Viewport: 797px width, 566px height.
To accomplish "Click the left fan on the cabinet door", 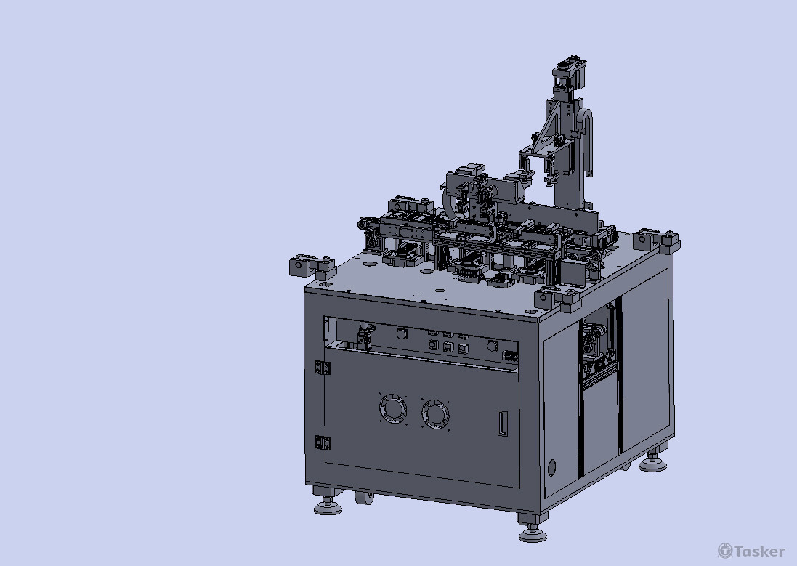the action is (x=393, y=408).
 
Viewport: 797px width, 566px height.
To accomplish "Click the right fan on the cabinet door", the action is (x=436, y=414).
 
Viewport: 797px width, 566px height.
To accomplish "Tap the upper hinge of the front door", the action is (x=322, y=367).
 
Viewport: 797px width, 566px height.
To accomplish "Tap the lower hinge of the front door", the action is (x=323, y=443).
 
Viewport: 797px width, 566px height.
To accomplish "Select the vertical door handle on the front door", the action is (x=502, y=423).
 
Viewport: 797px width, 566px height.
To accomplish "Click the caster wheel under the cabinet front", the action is (x=364, y=498).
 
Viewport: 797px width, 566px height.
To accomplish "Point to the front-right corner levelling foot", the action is (x=533, y=531).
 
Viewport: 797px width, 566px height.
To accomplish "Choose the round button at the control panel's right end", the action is (x=492, y=346).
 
